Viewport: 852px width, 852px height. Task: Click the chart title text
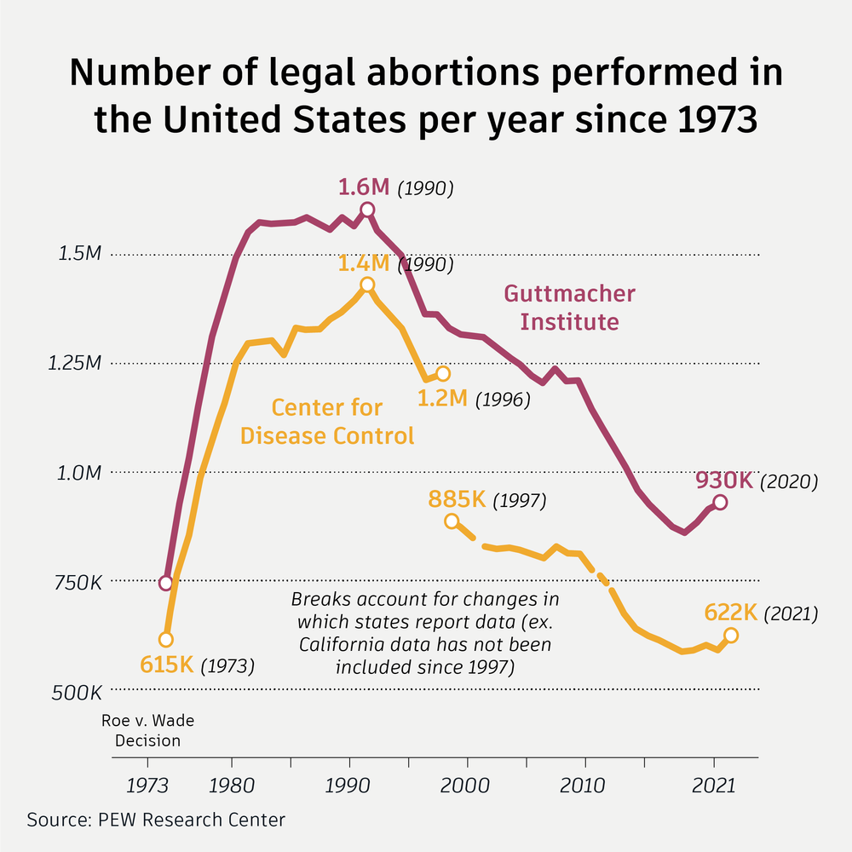[x=426, y=96]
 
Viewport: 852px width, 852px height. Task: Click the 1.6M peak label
[x=366, y=187]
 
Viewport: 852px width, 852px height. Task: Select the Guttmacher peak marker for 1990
[x=367, y=210]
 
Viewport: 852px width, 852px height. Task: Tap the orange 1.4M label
[x=367, y=263]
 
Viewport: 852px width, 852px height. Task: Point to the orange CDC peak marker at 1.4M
[x=366, y=285]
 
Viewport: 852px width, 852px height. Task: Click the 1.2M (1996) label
[x=442, y=397]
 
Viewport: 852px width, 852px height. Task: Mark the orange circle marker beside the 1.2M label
[x=442, y=374]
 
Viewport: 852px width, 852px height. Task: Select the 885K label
[x=457, y=499]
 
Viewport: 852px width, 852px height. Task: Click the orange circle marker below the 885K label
[x=452, y=521]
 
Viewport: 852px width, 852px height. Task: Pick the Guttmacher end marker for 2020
[x=720, y=503]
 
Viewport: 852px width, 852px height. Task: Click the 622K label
[x=731, y=613]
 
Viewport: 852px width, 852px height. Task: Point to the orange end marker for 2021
[x=730, y=635]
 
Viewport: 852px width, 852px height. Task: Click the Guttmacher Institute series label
[x=569, y=308]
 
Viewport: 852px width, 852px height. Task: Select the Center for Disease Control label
[x=327, y=422]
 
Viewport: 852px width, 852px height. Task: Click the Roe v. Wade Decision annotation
[x=148, y=730]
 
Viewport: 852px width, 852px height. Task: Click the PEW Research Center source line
[x=157, y=820]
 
